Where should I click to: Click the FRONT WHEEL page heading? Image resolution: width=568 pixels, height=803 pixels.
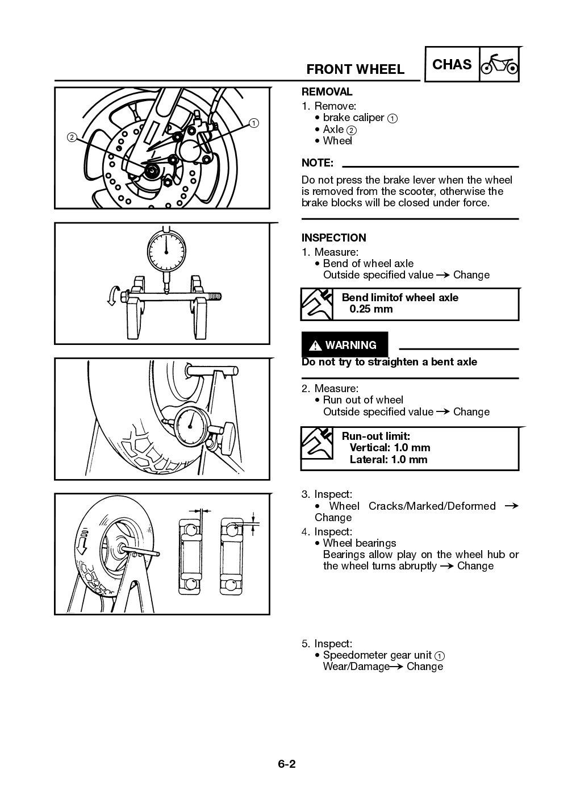tap(355, 69)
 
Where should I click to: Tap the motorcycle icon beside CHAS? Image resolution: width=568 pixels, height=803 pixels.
tap(499, 65)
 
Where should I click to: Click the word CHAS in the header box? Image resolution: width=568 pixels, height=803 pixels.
tap(452, 65)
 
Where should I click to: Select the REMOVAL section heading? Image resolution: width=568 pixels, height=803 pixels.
tap(327, 91)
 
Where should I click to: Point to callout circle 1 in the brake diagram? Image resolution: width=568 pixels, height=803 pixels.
tap(253, 123)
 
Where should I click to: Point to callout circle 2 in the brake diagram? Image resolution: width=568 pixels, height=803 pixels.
tap(72, 137)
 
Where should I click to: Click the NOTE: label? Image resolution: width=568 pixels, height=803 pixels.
tap(317, 163)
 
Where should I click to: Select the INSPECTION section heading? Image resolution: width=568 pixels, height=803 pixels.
tap(333, 238)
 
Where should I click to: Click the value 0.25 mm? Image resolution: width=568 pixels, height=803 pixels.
tap(371, 309)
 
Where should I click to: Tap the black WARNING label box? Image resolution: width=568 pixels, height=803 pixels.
tap(344, 345)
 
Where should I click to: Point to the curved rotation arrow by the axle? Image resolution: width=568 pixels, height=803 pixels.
tap(114, 296)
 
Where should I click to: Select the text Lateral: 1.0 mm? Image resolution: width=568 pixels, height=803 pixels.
tap(388, 460)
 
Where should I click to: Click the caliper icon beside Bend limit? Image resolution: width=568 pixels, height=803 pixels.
tap(317, 304)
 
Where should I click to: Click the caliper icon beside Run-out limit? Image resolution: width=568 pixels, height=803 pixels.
tap(317, 444)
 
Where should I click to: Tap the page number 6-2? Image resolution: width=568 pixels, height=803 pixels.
tap(286, 764)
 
